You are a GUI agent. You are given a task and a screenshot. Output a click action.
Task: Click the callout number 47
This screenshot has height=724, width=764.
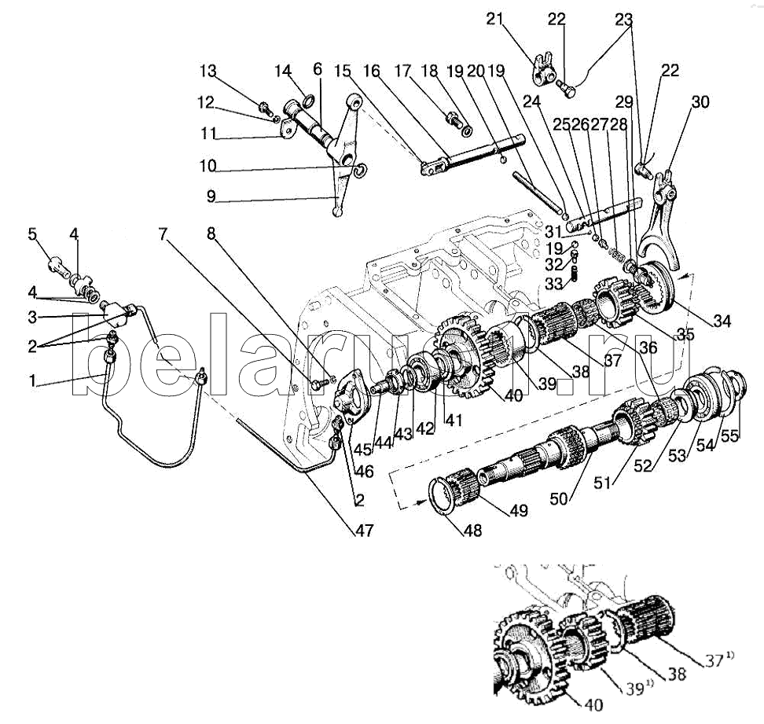[364, 530]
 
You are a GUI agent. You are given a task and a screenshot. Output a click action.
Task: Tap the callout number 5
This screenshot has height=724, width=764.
[32, 234]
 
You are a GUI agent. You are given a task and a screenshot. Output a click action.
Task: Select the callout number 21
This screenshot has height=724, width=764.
[494, 19]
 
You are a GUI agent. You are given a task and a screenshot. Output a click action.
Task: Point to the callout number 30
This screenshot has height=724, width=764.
[700, 102]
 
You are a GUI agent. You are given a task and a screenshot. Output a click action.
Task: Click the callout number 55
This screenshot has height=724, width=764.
[729, 435]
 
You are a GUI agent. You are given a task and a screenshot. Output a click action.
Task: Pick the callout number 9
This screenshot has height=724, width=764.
[211, 197]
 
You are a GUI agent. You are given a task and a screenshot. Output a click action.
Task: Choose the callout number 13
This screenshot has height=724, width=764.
[208, 71]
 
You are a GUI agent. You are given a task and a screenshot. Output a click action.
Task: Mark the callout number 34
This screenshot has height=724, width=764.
[722, 321]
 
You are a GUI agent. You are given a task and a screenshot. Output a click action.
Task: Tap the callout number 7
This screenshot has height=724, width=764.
[162, 234]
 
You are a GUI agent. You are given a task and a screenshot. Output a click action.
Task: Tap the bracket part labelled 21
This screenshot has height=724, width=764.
[542, 69]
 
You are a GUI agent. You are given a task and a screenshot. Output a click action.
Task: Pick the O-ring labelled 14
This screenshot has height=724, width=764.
[308, 101]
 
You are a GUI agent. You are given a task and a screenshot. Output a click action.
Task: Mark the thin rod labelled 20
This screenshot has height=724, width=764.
[538, 192]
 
